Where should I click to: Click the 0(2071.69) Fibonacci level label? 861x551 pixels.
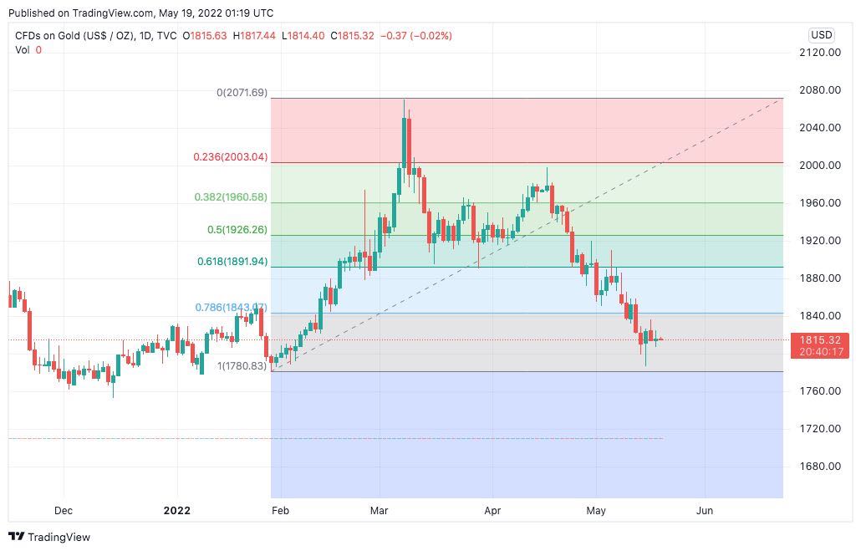[242, 93]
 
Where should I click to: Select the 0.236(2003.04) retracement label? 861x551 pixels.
[230, 156]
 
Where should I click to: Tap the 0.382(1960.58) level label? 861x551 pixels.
[230, 197]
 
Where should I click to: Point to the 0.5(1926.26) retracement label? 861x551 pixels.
[237, 230]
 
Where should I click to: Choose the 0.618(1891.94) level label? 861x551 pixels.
[232, 262]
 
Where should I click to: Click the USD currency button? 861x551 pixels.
[821, 35]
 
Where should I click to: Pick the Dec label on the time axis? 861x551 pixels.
[64, 511]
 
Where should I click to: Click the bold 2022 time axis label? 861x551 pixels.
[176, 511]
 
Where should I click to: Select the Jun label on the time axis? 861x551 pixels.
[705, 511]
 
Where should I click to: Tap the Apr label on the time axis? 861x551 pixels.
[492, 511]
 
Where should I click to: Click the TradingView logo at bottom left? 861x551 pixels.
[49, 537]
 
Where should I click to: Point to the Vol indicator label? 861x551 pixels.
[23, 50]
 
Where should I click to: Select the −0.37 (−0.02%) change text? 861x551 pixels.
[415, 36]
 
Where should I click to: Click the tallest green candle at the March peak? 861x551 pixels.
[405, 141]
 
